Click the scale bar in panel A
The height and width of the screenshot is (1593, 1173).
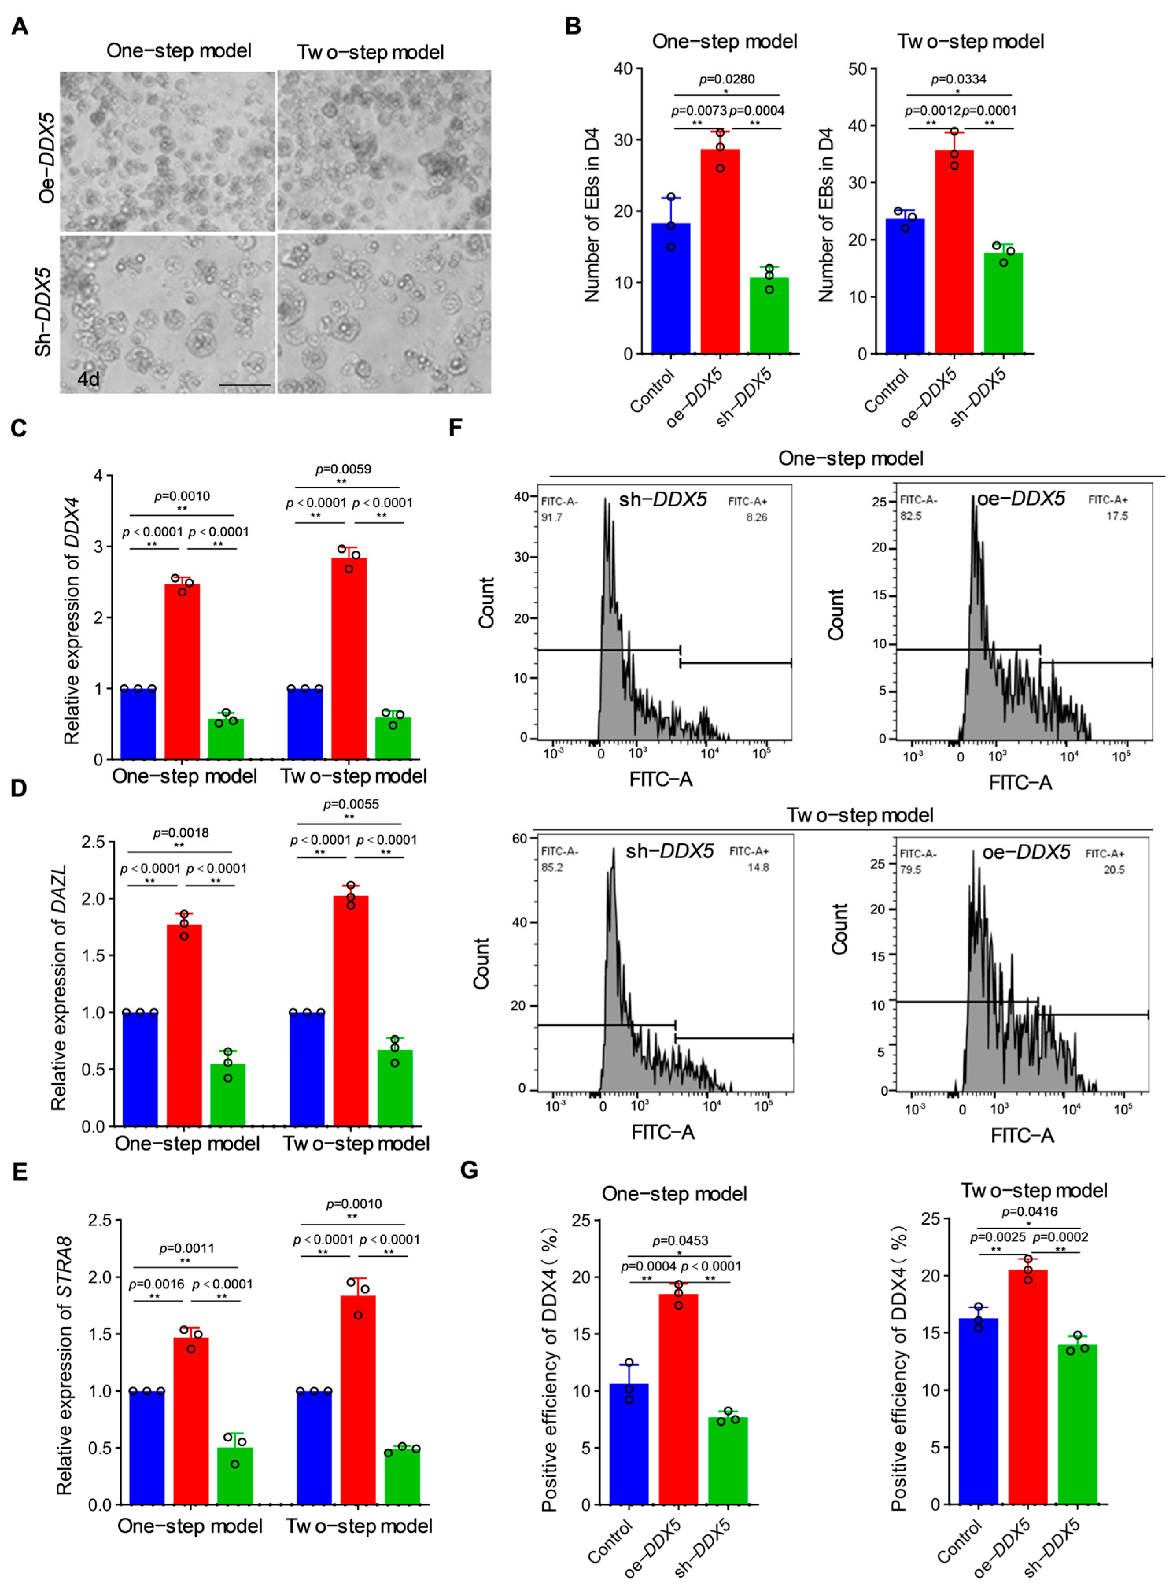click(245, 385)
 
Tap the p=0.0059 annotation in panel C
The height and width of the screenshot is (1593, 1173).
click(343, 469)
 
